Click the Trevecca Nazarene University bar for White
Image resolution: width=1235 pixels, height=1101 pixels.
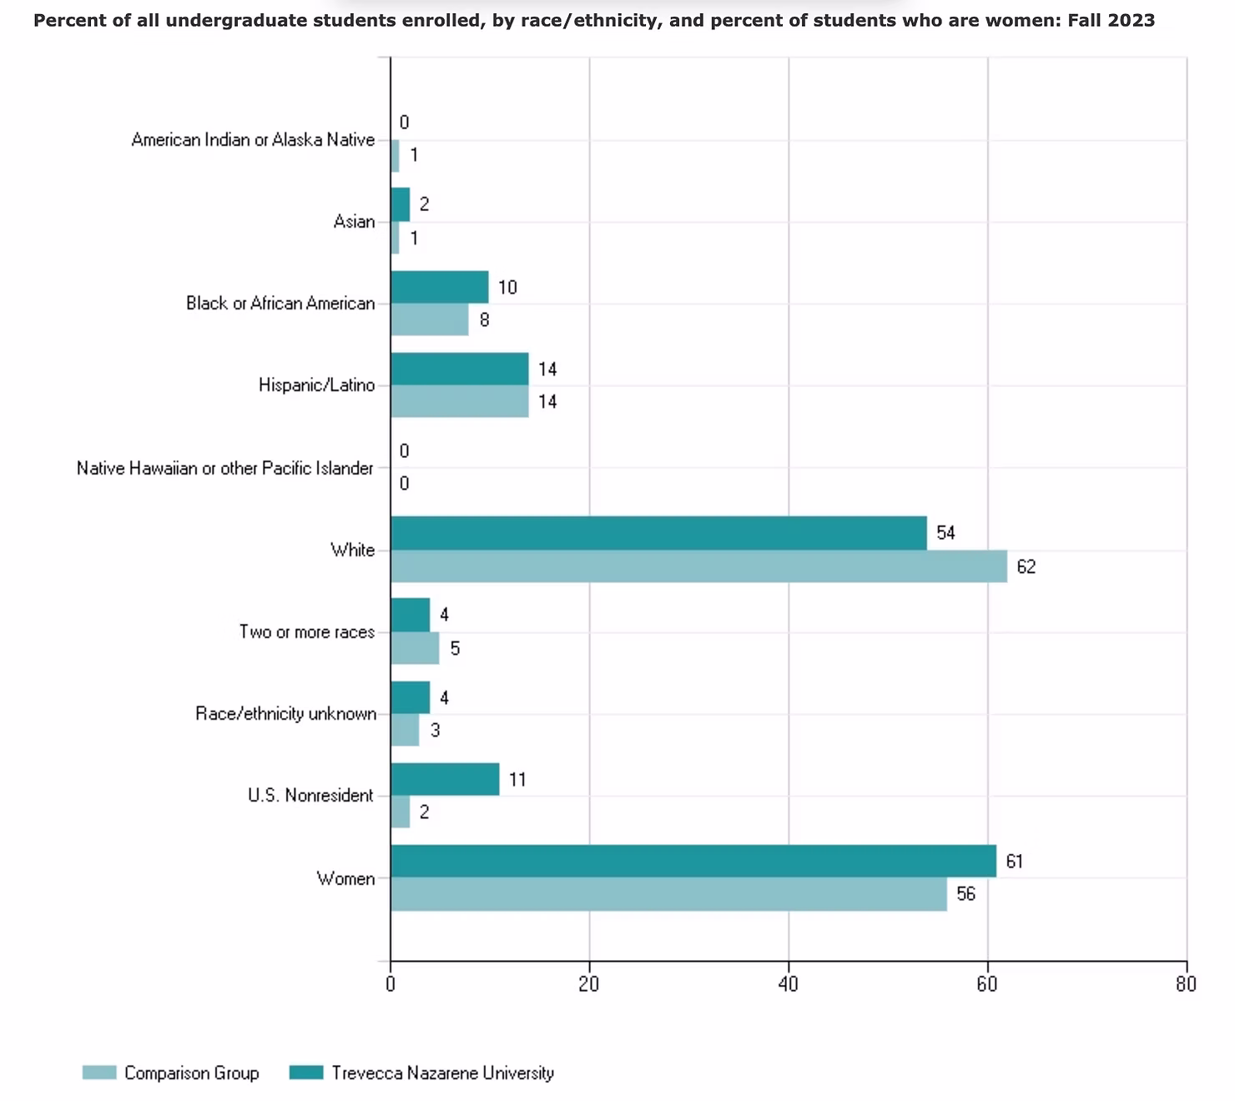[x=658, y=533]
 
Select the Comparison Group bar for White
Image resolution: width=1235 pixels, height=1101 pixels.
[x=698, y=566]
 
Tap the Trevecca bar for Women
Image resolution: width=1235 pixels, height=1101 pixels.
[x=693, y=861]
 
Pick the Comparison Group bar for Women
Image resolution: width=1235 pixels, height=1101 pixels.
[x=668, y=894]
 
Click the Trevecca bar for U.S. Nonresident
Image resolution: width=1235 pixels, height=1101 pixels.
[x=445, y=779]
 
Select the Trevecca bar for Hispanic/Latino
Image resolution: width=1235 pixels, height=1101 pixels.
[x=459, y=369]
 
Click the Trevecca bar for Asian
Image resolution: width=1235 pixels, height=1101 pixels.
[x=401, y=204]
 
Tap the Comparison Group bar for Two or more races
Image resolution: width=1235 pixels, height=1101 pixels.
[x=415, y=648]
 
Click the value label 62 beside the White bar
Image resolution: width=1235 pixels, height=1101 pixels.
[x=1026, y=567]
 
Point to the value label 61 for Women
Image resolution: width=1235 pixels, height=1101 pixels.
[x=1014, y=862]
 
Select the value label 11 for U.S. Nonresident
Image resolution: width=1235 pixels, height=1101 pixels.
[x=517, y=780]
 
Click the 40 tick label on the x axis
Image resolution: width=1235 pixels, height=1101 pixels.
[x=788, y=984]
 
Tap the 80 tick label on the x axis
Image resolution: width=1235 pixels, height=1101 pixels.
[x=1186, y=984]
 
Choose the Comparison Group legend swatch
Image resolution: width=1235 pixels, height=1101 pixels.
[x=99, y=1073]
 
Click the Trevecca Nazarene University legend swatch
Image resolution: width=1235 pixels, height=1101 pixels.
[x=305, y=1073]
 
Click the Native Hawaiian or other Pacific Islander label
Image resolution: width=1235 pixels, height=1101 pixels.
[x=225, y=468]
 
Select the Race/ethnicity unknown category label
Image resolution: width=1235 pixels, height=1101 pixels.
[x=285, y=714]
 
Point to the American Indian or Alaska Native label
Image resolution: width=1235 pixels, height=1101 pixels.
[x=253, y=140]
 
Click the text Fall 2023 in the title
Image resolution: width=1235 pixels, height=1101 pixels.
[x=1111, y=20]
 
